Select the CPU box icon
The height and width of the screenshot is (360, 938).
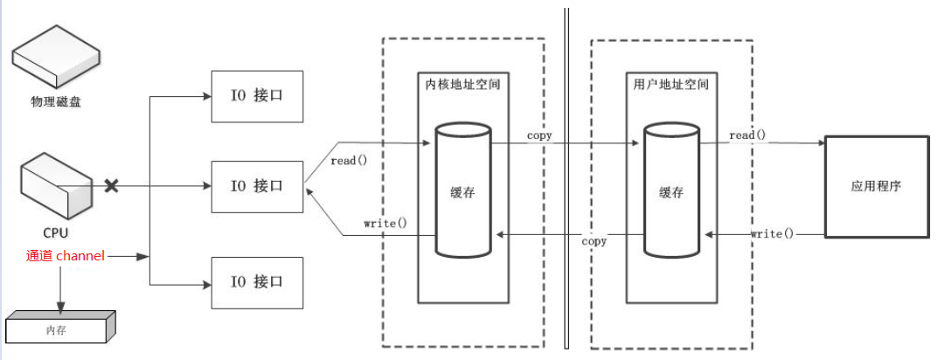click(x=56, y=186)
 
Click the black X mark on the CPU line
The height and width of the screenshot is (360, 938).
click(x=112, y=185)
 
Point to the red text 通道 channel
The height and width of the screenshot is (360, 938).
click(x=66, y=256)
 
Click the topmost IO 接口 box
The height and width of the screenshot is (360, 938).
click(x=257, y=95)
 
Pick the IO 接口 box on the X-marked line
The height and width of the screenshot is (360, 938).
click(x=257, y=186)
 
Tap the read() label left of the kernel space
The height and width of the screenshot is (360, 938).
click(x=349, y=160)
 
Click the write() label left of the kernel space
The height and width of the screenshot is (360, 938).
click(x=386, y=223)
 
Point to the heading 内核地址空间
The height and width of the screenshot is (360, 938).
click(x=462, y=85)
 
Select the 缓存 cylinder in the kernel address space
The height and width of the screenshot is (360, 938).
click(x=462, y=190)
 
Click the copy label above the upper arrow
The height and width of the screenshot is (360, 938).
click(x=539, y=136)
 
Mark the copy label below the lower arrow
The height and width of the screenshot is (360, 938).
click(x=594, y=241)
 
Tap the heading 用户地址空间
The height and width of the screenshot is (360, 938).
click(x=670, y=85)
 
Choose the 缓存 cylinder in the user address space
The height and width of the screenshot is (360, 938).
click(x=670, y=190)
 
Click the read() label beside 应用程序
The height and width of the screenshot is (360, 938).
click(x=747, y=135)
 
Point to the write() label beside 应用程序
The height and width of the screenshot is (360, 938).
click(x=772, y=233)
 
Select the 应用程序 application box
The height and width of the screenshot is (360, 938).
click(x=875, y=186)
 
